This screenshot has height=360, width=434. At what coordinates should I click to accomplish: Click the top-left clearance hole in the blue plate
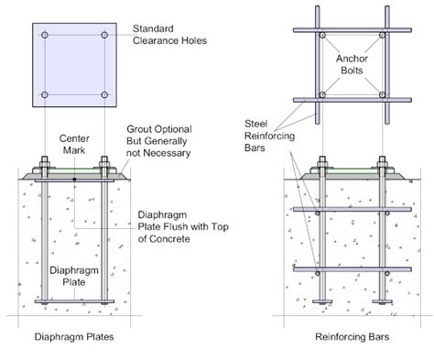[44, 36]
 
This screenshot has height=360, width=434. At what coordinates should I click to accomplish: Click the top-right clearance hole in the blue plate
[104, 36]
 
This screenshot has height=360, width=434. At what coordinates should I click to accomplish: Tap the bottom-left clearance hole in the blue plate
[44, 94]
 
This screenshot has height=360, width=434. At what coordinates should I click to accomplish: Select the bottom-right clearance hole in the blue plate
[104, 94]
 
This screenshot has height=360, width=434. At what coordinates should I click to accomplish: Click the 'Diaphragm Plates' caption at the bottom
[75, 338]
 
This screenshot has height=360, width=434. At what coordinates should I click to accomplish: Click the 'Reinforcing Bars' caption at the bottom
[351, 338]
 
